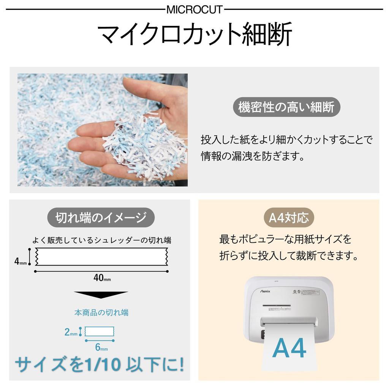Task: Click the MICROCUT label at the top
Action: (x=194, y=9)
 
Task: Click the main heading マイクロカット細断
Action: (x=194, y=35)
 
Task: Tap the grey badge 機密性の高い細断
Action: (x=286, y=107)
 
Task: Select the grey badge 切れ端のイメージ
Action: (x=101, y=218)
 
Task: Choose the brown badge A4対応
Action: (x=289, y=218)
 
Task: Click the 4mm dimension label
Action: (x=21, y=261)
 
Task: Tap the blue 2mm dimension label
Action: (x=71, y=332)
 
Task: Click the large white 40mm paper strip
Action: (x=101, y=256)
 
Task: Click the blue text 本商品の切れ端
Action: (x=101, y=313)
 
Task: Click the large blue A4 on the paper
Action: (x=289, y=348)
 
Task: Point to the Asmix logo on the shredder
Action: (x=265, y=291)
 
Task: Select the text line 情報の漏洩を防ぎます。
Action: (x=253, y=157)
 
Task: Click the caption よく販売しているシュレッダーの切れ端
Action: (x=101, y=240)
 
